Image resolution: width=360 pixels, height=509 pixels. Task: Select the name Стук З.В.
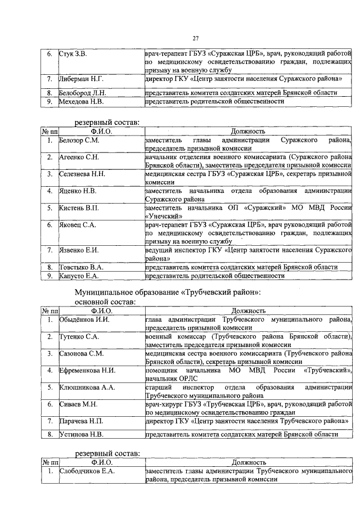click(x=73, y=54)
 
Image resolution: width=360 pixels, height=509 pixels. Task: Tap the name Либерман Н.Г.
click(x=80, y=79)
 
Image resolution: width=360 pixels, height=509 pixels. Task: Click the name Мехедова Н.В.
click(x=81, y=101)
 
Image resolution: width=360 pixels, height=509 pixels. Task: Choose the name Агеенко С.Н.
click(x=79, y=157)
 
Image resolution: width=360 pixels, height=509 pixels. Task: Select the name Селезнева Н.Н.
click(x=83, y=174)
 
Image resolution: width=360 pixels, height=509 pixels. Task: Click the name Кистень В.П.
click(x=79, y=208)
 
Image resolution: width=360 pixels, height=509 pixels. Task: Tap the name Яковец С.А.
click(x=78, y=225)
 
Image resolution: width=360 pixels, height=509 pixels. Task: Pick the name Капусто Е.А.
click(x=79, y=276)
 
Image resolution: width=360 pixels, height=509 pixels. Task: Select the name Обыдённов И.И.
click(x=84, y=319)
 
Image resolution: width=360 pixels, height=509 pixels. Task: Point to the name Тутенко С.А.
click(x=79, y=336)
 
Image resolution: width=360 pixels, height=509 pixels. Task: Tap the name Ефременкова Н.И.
click(x=87, y=370)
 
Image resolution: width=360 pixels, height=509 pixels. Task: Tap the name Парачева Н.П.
click(x=81, y=421)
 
